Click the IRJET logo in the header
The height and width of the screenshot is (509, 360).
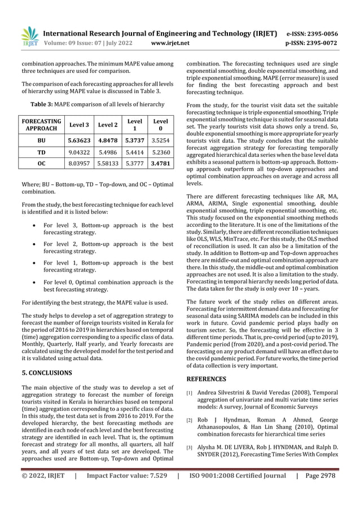[x=29, y=36]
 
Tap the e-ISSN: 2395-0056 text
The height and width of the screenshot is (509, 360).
[x=312, y=33]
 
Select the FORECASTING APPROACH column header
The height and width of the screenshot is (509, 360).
[x=42, y=125]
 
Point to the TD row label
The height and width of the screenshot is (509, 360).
[x=42, y=152]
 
